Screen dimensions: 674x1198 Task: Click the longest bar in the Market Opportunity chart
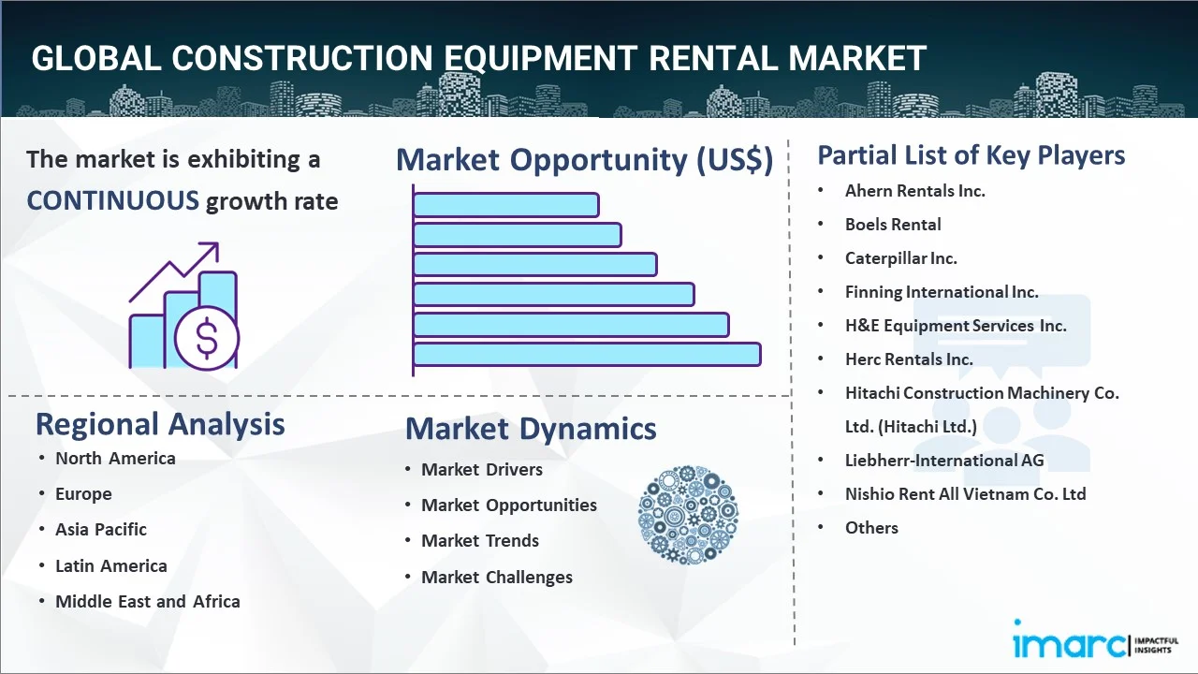[x=586, y=354]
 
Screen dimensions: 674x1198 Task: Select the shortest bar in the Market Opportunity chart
[x=505, y=204]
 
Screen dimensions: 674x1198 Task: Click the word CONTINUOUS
[x=112, y=200]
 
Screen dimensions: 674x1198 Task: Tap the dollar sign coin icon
[x=207, y=340]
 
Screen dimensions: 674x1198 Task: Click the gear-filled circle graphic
[x=688, y=515]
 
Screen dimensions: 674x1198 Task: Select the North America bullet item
[x=115, y=458]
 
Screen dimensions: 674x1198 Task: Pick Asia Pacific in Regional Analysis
[x=101, y=529]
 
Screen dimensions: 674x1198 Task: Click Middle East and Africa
[x=147, y=601]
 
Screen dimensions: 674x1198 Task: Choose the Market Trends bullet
[x=479, y=540]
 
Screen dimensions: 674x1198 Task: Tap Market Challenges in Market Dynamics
[x=496, y=577]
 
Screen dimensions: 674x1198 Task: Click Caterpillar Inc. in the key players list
[x=900, y=257]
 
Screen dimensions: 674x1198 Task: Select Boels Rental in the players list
[x=893, y=224]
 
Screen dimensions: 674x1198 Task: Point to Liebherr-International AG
[x=943, y=460]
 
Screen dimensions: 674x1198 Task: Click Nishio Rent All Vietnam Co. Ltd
[x=965, y=493]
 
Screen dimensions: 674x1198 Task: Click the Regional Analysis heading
[x=160, y=424]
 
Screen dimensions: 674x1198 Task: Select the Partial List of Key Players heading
[x=971, y=154]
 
